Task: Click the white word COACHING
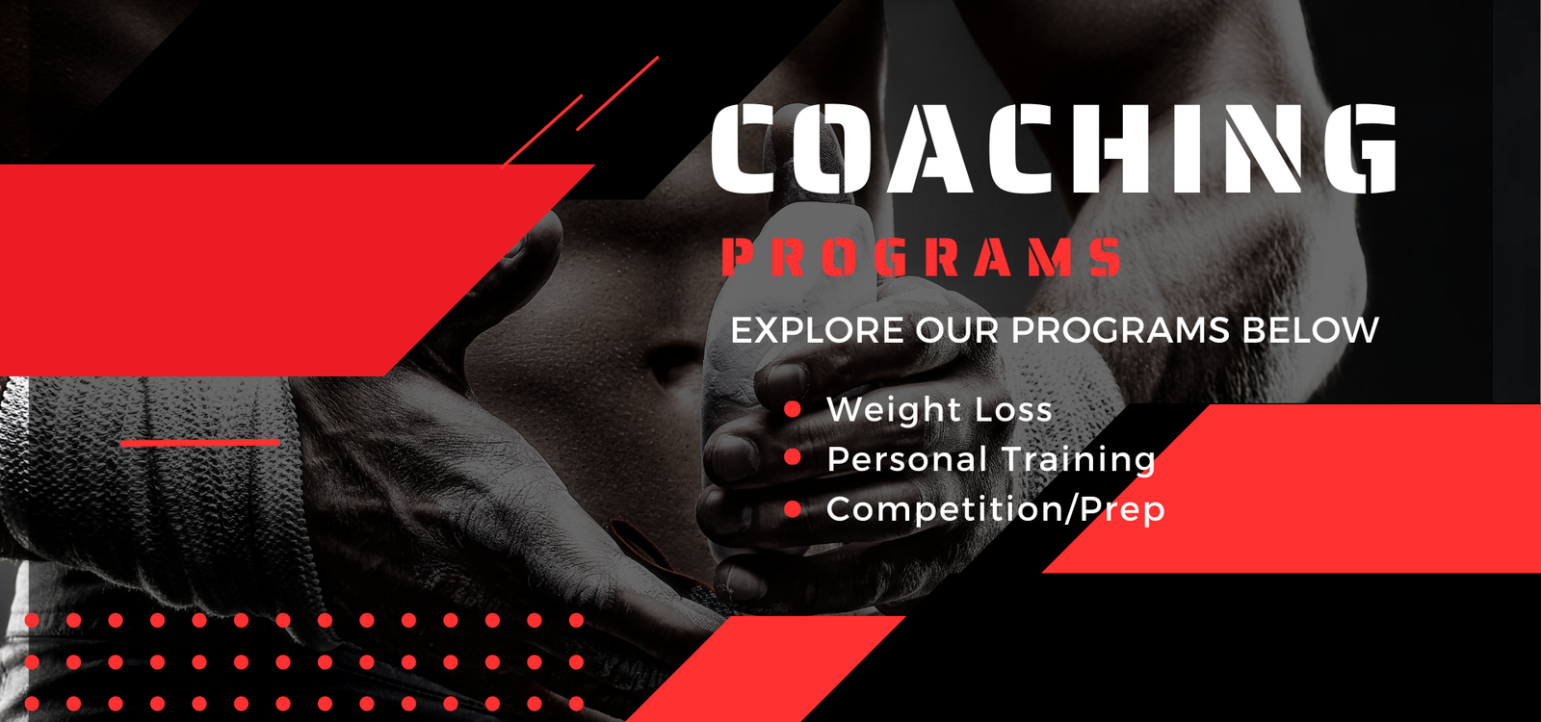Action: coord(1054,148)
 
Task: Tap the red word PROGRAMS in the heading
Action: coord(922,257)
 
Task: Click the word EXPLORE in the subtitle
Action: coord(818,330)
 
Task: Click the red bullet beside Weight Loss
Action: coord(793,409)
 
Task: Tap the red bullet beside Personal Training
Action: coord(793,457)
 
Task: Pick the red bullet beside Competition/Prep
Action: coord(793,509)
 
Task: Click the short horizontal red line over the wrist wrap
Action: coord(200,443)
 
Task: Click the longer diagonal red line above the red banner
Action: coord(617,93)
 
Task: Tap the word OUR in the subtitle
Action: coord(957,330)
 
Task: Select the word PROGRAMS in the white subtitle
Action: coord(1120,330)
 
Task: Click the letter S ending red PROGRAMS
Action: coord(1106,257)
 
